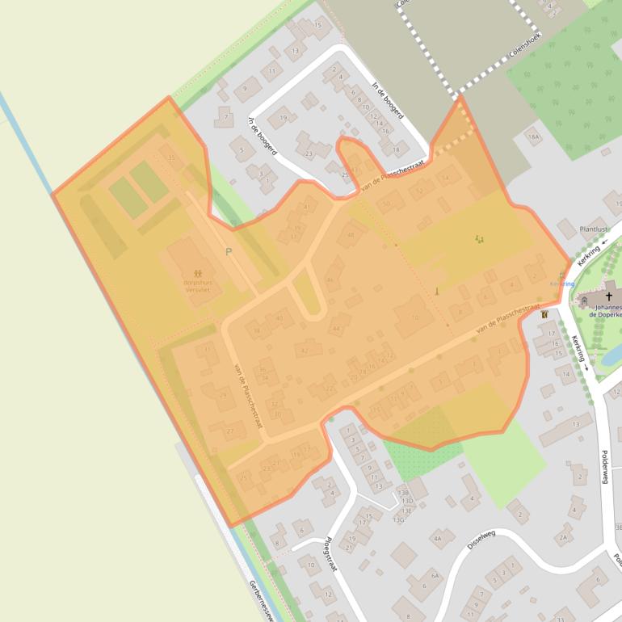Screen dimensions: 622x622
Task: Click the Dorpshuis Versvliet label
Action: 196,286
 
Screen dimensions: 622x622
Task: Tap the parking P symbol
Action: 229,252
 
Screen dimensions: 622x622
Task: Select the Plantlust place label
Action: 594,229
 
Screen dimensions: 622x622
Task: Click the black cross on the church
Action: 608,296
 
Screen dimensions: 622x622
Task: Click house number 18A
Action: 532,137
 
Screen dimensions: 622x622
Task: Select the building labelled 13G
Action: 398,519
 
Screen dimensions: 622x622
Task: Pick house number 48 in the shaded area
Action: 351,235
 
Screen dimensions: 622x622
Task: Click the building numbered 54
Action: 445,178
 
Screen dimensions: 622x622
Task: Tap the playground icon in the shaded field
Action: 480,238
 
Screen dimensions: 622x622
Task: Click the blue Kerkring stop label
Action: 562,284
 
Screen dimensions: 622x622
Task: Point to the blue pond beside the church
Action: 611,354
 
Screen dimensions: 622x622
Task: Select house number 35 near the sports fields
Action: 170,157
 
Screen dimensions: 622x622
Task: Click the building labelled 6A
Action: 435,575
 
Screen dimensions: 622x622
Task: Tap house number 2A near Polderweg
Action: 564,535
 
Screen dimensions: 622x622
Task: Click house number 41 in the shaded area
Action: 306,208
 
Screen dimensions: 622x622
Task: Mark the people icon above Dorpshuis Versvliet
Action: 198,275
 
